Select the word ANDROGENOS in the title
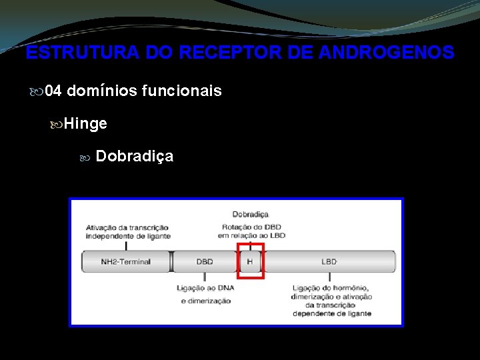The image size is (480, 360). [387, 53]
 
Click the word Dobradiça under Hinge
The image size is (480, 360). [135, 156]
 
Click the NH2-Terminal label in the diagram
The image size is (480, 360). [126, 261]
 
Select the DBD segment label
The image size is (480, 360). [205, 261]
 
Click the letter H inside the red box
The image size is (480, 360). [249, 261]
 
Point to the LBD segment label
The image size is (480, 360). [329, 261]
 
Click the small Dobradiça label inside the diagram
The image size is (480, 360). [250, 214]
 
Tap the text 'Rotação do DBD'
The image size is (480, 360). [250, 227]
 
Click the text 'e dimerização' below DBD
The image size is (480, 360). [205, 301]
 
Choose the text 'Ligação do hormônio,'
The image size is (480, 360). [332, 288]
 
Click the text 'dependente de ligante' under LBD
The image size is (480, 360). [332, 313]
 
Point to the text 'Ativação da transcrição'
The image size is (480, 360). [127, 228]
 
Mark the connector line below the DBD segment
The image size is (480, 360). [204, 277]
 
